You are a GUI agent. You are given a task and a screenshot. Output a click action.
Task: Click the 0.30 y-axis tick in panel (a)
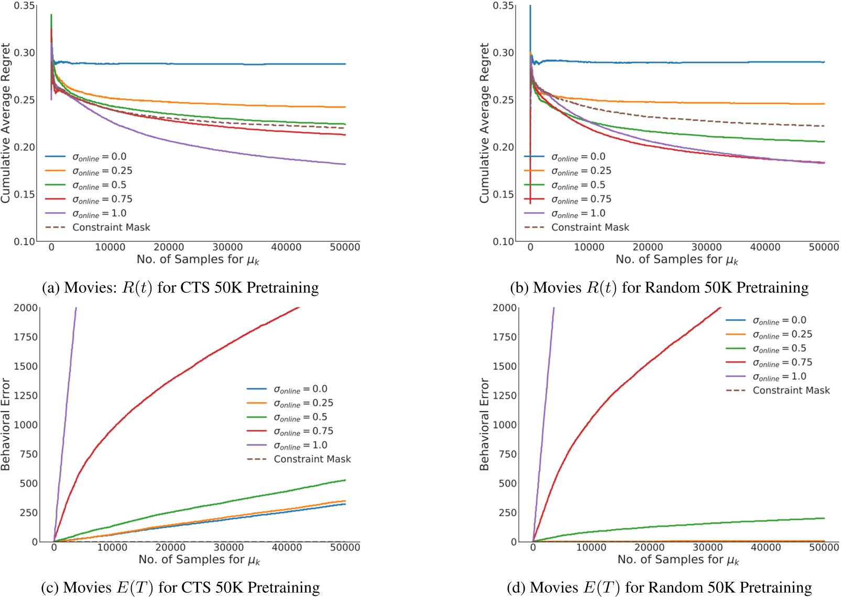coord(25,53)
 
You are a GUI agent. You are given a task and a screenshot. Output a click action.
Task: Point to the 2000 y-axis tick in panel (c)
coord(26,308)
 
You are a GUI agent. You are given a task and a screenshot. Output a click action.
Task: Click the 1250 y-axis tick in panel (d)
coord(505,396)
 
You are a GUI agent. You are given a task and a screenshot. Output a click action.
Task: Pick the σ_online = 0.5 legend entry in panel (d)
coord(779,349)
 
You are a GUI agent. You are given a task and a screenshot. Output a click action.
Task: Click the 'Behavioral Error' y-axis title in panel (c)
coord(6,424)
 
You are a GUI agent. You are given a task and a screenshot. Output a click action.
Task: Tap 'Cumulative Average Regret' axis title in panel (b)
coord(485,123)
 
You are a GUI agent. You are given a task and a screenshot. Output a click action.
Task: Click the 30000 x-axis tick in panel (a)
coord(227,247)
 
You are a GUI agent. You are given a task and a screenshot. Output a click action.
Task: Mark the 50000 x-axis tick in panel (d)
coord(824,547)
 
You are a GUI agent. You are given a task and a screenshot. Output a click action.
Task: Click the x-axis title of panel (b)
coord(676,260)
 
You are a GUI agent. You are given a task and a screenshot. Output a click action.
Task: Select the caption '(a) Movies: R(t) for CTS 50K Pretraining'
coord(180,288)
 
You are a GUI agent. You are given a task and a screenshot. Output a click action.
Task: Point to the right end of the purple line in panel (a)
coord(345,164)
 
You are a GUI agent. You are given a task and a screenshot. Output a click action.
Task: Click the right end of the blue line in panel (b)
coord(824,62)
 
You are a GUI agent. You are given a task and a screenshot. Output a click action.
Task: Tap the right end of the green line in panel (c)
coord(345,480)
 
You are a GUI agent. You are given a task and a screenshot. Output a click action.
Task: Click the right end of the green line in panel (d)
coord(824,518)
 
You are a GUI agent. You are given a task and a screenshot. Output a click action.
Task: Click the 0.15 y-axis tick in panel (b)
coord(504,195)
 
